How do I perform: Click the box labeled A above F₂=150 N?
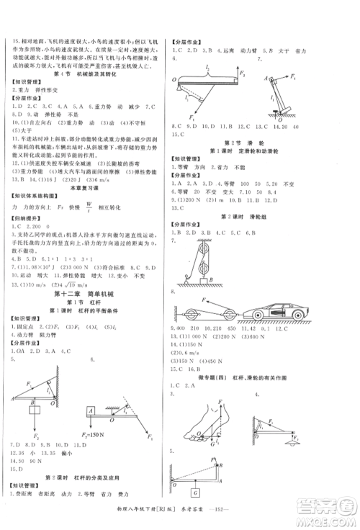point(93,411)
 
